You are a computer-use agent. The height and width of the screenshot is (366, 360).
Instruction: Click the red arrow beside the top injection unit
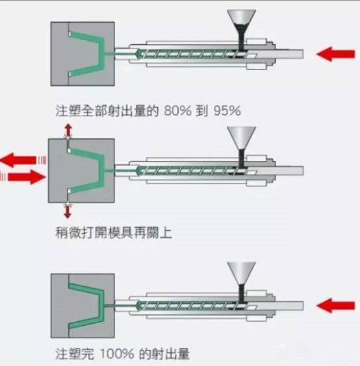(335, 54)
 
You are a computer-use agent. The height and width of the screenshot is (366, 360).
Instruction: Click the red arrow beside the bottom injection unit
(335, 306)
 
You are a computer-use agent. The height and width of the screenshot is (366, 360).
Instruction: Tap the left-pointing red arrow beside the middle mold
(18, 160)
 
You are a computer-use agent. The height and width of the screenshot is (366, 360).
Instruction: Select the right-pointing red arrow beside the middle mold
(27, 177)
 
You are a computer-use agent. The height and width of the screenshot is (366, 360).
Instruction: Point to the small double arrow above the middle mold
(68, 132)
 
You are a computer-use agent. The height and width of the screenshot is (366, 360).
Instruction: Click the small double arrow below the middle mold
(68, 210)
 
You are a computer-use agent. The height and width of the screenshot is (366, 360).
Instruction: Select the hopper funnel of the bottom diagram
(242, 281)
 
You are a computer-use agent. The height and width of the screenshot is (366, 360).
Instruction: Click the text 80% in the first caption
(177, 110)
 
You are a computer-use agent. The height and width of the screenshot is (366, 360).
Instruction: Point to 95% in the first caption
(227, 110)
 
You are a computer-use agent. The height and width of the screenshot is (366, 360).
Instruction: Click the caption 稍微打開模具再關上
(114, 232)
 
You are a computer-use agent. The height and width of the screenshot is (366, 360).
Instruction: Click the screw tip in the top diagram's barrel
(139, 54)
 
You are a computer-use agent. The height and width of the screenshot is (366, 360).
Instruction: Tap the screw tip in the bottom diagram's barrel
(139, 306)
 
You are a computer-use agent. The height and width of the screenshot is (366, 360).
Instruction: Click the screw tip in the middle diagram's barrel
(139, 171)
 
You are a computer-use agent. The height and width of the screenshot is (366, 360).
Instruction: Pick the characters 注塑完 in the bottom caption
(75, 354)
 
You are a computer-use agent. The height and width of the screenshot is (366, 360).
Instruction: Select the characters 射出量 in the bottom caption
(170, 354)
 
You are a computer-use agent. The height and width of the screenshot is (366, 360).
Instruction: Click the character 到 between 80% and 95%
(202, 110)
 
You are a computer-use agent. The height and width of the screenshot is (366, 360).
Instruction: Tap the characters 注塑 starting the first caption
(68, 110)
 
